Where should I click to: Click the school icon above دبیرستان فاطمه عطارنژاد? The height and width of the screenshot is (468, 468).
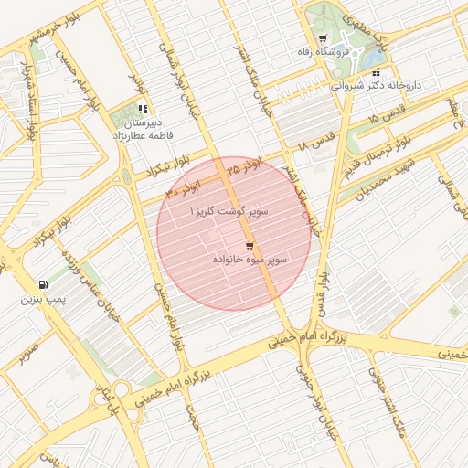pos(142,109)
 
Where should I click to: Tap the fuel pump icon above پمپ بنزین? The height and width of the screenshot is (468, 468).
pos(43,284)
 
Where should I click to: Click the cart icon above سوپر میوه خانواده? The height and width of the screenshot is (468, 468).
pos(250,246)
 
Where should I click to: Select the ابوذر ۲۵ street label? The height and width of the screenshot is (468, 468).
pos(243,165)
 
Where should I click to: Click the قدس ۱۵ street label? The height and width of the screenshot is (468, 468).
pos(385,119)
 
